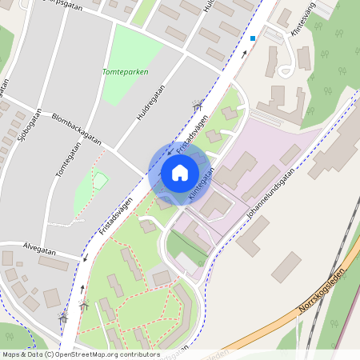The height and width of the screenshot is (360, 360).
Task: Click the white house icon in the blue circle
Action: [180, 173]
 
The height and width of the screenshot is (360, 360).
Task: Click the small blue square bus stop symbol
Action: [253, 38]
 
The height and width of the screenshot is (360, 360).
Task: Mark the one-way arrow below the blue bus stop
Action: [245, 54]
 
